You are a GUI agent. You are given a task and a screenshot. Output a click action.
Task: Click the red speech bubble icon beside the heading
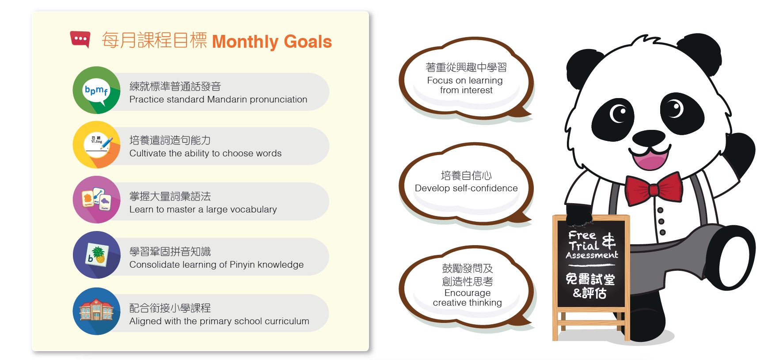(x=80, y=39)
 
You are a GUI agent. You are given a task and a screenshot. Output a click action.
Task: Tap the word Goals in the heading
(x=308, y=42)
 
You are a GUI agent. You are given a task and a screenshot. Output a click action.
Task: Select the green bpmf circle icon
(x=96, y=90)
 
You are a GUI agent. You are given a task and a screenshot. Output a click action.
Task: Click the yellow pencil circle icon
(x=96, y=145)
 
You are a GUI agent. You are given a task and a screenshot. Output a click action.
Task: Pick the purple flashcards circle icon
(x=96, y=200)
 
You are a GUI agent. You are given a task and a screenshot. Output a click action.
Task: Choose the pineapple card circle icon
(x=96, y=255)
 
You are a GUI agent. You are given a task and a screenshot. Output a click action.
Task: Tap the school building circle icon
(x=96, y=311)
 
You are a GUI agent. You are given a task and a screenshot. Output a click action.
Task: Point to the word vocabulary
(x=254, y=209)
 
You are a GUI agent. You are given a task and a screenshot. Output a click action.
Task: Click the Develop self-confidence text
(x=466, y=188)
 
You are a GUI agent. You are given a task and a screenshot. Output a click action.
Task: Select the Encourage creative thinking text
(x=468, y=298)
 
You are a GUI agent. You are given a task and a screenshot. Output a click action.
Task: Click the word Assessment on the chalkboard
(x=592, y=255)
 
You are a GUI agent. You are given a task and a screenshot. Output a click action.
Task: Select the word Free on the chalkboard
(x=582, y=235)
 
